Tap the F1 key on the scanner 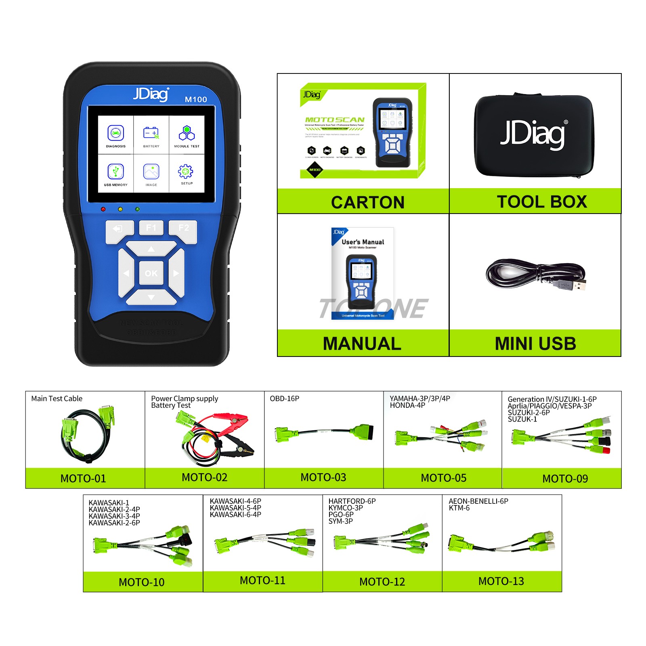pos(151,228)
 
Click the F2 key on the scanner pos(184,228)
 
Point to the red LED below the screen pos(103,209)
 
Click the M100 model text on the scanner pos(196,99)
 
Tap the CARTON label pos(367,202)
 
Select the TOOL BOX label pos(542,202)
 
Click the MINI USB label pos(535,344)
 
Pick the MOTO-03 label pos(323,478)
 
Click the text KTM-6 pos(459,508)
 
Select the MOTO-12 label pos(382,582)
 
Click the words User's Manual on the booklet pos(363,242)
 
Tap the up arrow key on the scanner pos(151,249)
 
